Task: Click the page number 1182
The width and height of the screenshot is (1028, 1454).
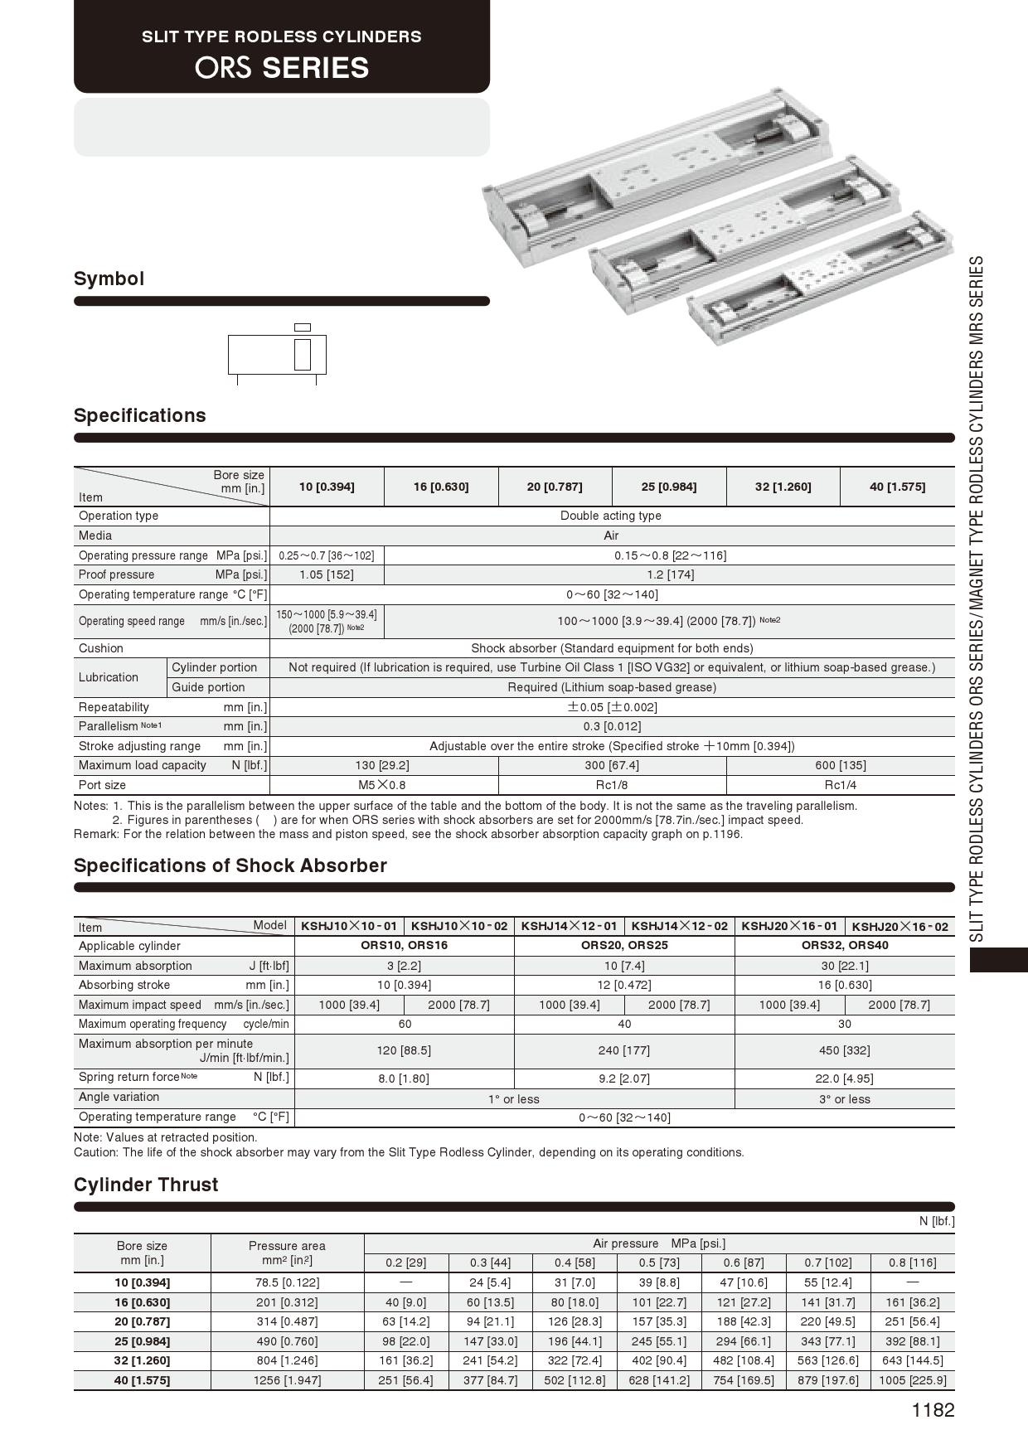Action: (x=933, y=1410)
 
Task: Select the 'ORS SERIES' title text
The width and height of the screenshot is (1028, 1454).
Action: (x=282, y=67)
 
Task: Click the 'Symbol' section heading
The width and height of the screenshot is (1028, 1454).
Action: (x=109, y=279)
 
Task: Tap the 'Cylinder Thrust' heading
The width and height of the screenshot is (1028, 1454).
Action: (x=146, y=1185)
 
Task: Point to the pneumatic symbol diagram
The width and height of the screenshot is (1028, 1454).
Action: (x=277, y=355)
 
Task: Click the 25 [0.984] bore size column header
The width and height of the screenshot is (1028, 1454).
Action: (x=669, y=487)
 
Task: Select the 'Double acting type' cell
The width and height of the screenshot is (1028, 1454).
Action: (x=611, y=516)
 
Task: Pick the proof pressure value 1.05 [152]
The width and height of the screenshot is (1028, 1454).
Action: (x=327, y=574)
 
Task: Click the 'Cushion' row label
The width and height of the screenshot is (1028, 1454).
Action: (x=101, y=648)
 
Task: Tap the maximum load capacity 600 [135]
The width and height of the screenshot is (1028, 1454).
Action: (x=840, y=765)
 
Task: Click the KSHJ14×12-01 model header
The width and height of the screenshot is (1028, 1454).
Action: (x=569, y=926)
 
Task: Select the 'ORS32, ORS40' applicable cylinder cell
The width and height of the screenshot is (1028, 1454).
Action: (x=844, y=945)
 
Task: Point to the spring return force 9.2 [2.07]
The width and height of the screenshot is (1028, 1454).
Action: (x=623, y=1078)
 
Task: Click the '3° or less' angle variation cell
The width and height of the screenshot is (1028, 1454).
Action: (x=844, y=1099)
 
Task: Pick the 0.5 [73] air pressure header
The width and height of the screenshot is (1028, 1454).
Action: (x=659, y=1263)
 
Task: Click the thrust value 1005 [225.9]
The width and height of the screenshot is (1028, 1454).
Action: (x=912, y=1380)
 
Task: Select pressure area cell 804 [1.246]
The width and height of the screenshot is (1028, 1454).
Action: (x=287, y=1360)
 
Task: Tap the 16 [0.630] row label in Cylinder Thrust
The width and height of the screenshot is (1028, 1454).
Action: (x=142, y=1302)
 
